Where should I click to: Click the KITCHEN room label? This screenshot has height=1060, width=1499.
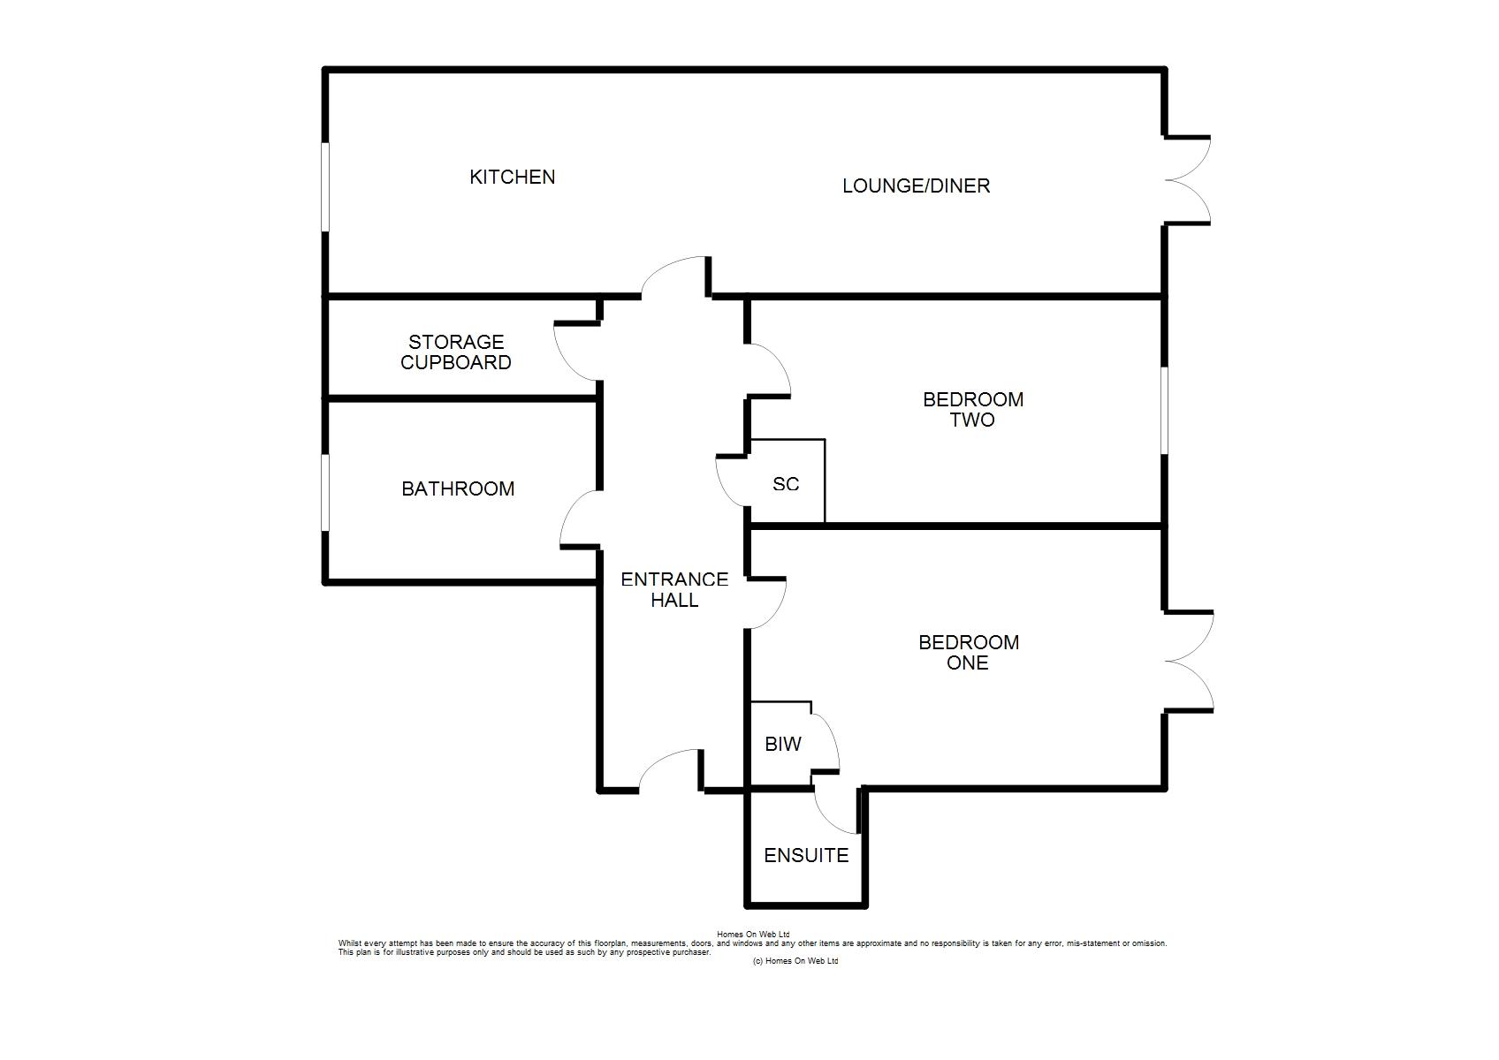[x=512, y=178]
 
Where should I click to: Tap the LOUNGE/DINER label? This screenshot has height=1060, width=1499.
[x=917, y=185]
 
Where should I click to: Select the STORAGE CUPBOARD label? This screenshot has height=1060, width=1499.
[x=456, y=352]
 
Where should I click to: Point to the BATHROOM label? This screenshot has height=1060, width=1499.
[x=458, y=488]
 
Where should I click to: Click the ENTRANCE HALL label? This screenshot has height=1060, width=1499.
[x=674, y=590]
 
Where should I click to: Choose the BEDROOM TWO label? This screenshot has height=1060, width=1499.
[x=973, y=410]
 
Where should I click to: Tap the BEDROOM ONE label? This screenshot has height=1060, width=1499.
[x=969, y=653]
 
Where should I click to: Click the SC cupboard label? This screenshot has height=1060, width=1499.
[x=786, y=484]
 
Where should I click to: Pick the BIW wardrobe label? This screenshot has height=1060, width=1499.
[x=783, y=744]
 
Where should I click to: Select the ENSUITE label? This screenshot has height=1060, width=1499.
[x=806, y=855]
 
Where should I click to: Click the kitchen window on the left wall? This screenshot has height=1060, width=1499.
[x=325, y=186]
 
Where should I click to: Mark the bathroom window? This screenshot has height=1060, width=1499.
[x=325, y=493]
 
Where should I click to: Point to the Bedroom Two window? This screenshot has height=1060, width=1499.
[x=1164, y=410]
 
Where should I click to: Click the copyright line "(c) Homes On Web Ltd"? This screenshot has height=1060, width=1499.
[x=795, y=961]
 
